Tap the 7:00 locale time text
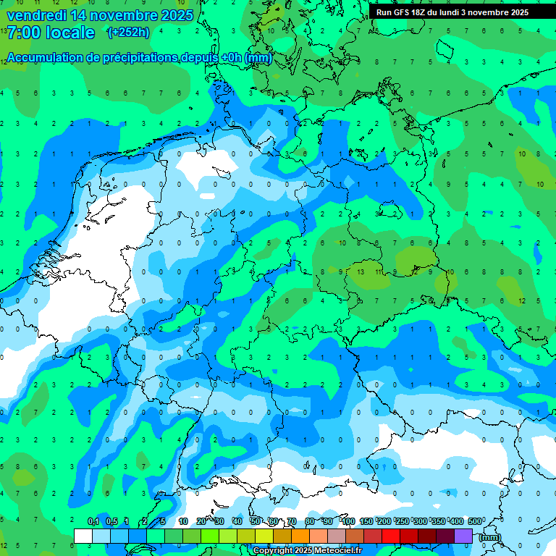click(x=51, y=33)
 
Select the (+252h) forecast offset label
click(x=128, y=33)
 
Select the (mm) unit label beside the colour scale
click(x=490, y=537)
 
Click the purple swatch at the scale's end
click(x=463, y=536)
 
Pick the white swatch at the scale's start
click(x=83, y=536)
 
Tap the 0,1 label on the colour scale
click(x=93, y=522)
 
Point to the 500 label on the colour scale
click(x=475, y=522)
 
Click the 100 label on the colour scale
click(x=348, y=522)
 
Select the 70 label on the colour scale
click(x=292, y=522)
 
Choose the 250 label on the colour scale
click(x=403, y=522)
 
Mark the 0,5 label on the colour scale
click(x=111, y=522)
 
